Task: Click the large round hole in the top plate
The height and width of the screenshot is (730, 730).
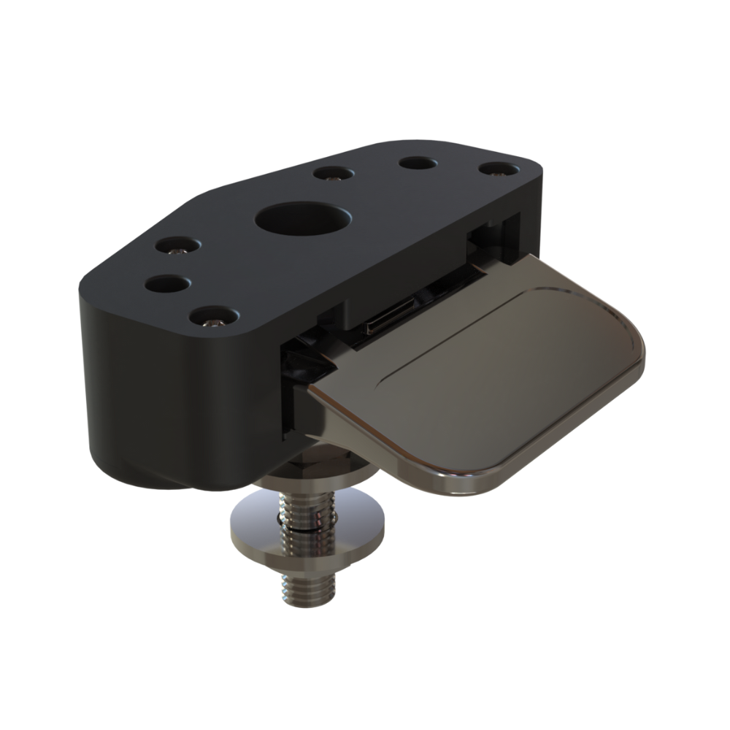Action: click(303, 219)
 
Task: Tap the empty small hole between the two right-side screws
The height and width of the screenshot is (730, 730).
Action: click(418, 162)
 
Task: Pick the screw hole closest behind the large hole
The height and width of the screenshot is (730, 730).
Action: click(334, 174)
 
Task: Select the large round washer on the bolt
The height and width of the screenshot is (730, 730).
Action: click(307, 533)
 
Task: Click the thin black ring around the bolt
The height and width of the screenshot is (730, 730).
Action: click(307, 520)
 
